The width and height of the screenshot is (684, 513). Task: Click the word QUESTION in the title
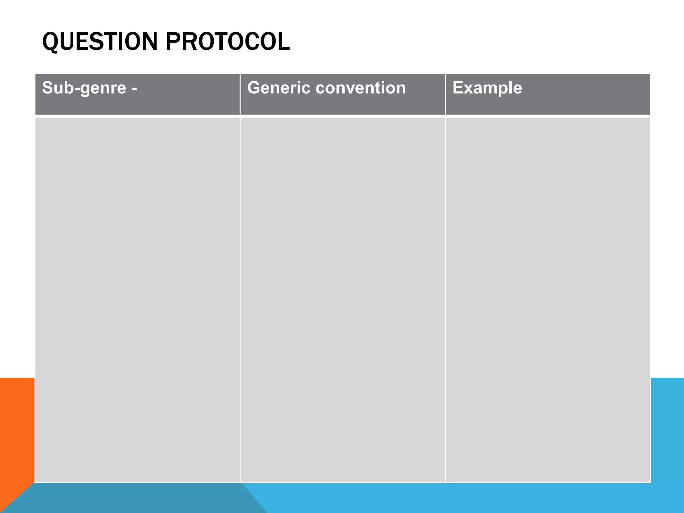(100, 42)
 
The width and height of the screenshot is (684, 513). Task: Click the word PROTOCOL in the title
(228, 42)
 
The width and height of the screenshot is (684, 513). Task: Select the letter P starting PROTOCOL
(173, 42)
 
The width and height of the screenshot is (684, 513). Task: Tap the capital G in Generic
(254, 88)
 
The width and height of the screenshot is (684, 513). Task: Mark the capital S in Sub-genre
(48, 88)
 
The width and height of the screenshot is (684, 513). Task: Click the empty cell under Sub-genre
(137, 300)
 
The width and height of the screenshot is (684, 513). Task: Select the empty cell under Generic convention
(343, 300)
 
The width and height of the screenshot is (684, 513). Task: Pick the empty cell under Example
(548, 300)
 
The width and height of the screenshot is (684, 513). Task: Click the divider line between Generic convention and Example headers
(445, 94)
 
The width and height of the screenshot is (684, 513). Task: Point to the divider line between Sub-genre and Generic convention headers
(240, 94)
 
